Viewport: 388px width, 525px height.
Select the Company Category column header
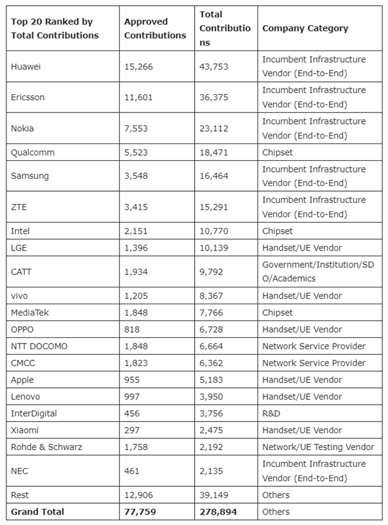pyautogui.click(x=305, y=28)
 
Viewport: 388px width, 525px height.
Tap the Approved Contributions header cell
pyautogui.click(x=155, y=28)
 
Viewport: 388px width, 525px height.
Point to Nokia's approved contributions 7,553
pyautogui.click(x=136, y=128)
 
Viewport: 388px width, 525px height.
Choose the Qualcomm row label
pyautogui.click(x=32, y=152)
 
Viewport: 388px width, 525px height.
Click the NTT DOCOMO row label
pyautogui.click(x=39, y=346)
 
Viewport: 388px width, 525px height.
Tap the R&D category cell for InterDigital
pyautogui.click(x=272, y=413)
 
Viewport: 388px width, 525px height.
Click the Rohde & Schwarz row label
pyautogui.click(x=47, y=447)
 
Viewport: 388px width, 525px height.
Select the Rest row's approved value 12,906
pyautogui.click(x=139, y=495)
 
